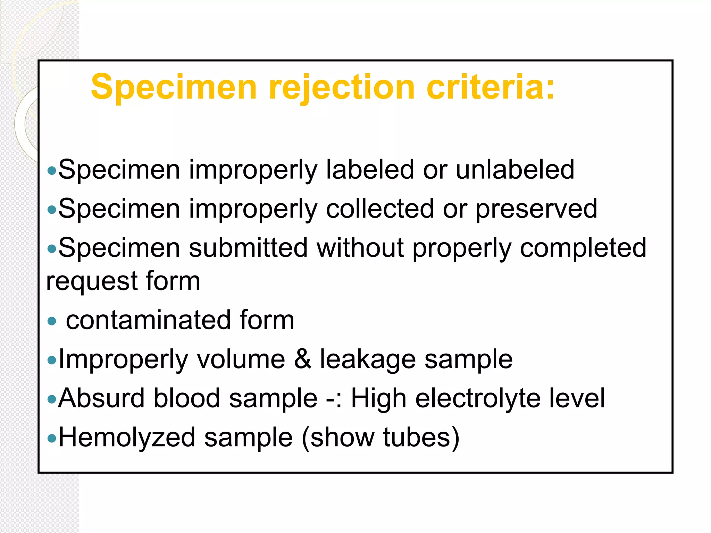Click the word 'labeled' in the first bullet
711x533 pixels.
(370, 170)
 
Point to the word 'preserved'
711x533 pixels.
(536, 209)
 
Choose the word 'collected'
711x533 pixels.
(380, 209)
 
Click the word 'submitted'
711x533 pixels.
(248, 248)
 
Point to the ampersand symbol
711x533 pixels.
(302, 359)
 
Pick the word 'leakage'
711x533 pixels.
(368, 360)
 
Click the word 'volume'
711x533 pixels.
(241, 359)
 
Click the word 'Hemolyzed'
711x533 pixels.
(127, 438)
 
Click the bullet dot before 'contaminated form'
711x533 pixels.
(52, 321)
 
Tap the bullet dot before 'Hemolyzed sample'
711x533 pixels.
(52, 438)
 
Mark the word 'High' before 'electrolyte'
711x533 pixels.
(378, 399)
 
